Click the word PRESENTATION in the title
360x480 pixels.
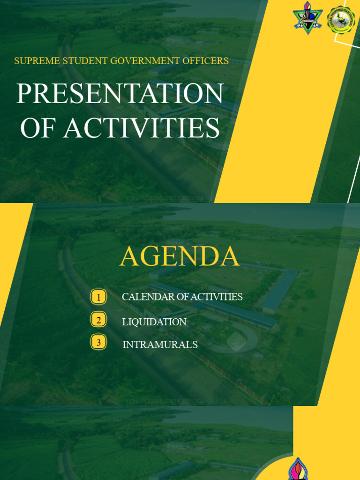coord(120,94)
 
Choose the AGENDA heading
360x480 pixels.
coord(180,257)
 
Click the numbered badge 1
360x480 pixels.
coord(98,297)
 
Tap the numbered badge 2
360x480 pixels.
coord(98,321)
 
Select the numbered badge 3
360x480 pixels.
coord(98,343)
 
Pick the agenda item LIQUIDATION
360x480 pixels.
coord(154,322)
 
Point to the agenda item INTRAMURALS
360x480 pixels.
coord(160,345)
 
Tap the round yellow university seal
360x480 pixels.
coord(341,20)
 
